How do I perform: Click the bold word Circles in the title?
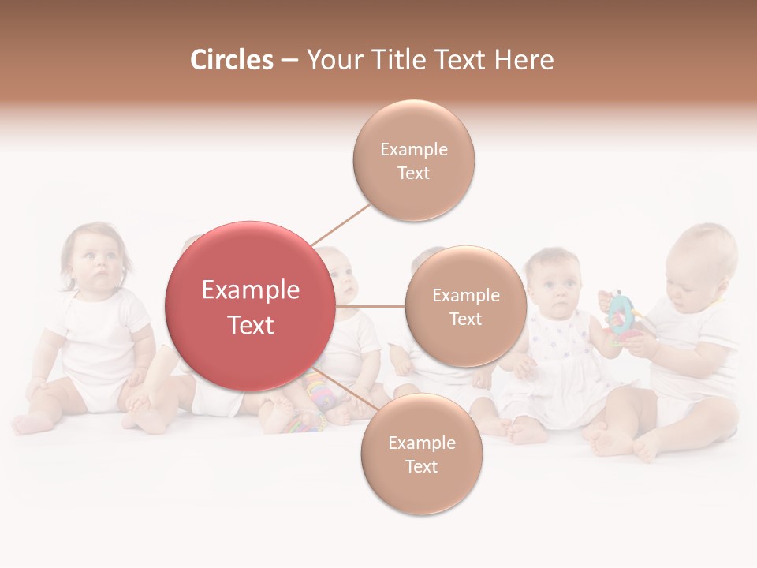[x=231, y=60]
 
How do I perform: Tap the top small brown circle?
[x=414, y=160]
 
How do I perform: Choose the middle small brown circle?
[x=465, y=306]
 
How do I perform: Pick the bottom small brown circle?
[x=421, y=454]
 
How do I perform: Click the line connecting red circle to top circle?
[x=341, y=223]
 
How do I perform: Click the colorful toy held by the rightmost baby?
[x=622, y=318]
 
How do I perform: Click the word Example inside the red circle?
[x=251, y=290]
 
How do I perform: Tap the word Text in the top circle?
[x=414, y=173]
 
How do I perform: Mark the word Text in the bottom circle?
[x=421, y=467]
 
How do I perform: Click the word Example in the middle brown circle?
[x=465, y=295]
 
